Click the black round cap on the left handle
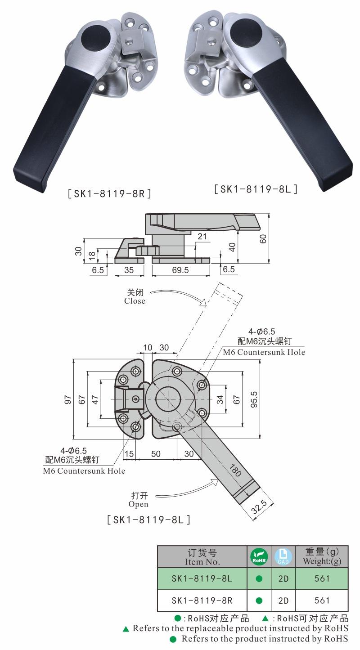(x=95, y=37)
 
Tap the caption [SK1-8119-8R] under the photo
(x=109, y=194)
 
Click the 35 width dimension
(x=129, y=270)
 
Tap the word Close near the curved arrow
(x=135, y=301)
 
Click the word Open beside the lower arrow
(x=138, y=504)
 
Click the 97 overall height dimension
(x=68, y=399)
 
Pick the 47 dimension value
(x=95, y=399)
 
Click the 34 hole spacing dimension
(x=220, y=399)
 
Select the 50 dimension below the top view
(x=156, y=454)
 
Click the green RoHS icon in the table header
(x=259, y=557)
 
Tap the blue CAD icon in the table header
(x=283, y=557)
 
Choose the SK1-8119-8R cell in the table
(x=202, y=601)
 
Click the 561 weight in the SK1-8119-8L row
(x=322, y=579)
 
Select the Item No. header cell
(x=202, y=557)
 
